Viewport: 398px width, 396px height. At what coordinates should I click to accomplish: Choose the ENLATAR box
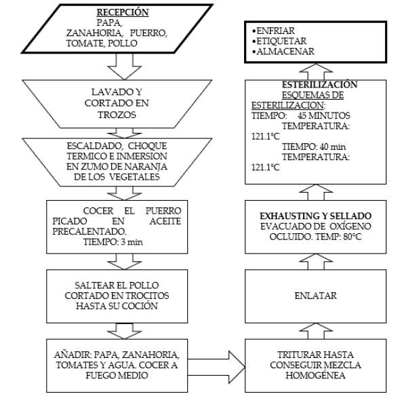click(308, 296)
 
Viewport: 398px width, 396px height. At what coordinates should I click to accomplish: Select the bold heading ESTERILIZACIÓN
click(308, 85)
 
